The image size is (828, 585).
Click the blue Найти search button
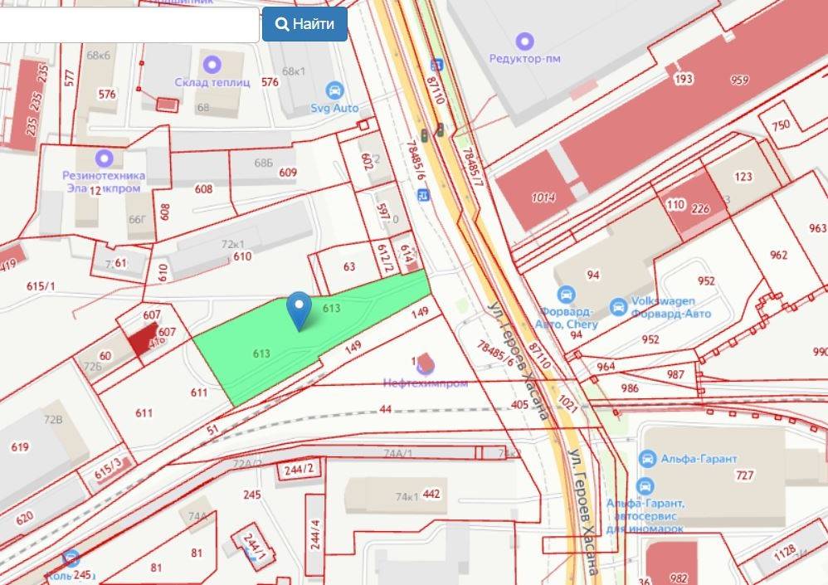coord(304,24)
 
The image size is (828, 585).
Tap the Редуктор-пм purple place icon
coord(524,41)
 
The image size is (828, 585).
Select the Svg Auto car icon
coord(334,90)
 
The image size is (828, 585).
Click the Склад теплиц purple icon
coord(212,63)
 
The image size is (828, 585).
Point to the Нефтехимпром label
coord(425,383)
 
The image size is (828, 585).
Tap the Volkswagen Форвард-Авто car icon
coord(618,307)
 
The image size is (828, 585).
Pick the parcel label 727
coord(744,475)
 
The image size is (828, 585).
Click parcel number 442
coord(431,495)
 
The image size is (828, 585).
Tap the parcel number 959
coord(739,80)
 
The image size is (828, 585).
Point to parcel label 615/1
coord(41,286)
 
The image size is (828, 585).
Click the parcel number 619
coord(20,447)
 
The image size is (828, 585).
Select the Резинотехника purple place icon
coord(104,158)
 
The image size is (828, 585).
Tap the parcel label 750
coord(780,125)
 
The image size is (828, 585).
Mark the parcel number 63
coord(348,266)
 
